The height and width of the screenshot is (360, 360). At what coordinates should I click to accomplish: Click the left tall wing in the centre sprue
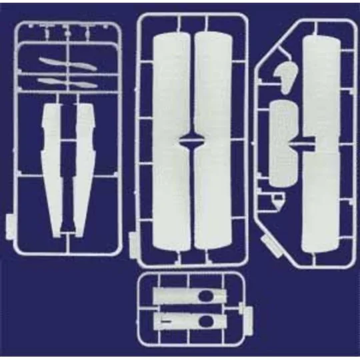pyautogui.click(x=171, y=140)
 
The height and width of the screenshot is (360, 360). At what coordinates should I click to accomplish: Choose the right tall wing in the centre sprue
pyautogui.click(x=213, y=140)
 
